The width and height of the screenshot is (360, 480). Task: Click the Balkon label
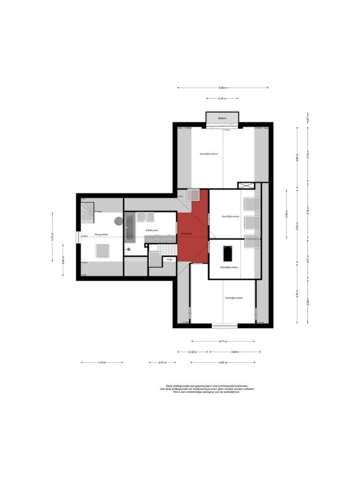[223, 118]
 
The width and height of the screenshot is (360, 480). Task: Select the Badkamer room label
[152, 230]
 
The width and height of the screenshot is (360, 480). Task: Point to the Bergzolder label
[102, 234]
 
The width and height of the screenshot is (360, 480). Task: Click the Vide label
[169, 259]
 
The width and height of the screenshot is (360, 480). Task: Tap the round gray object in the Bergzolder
[118, 220]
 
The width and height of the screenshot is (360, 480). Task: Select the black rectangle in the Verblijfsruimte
[228, 254]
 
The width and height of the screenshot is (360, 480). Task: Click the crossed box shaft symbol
[246, 186]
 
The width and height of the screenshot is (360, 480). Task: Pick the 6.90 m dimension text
[223, 88]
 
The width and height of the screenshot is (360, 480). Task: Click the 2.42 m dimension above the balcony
[222, 98]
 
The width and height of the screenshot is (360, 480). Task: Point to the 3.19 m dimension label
[102, 362]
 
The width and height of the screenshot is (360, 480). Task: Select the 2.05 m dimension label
[163, 362]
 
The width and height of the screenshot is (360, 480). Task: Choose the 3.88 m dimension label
[235, 352]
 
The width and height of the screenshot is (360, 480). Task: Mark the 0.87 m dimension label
[307, 117]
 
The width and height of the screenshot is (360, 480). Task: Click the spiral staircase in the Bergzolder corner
[87, 211]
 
